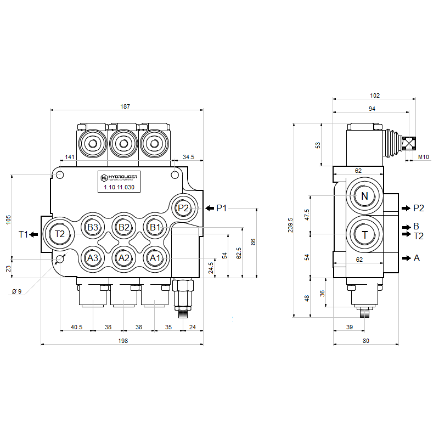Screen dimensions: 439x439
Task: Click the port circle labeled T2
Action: coord(60,234)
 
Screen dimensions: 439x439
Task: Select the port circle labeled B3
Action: coord(92,227)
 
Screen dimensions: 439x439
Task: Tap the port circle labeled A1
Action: coord(155,258)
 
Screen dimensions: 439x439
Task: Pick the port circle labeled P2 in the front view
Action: coord(183,208)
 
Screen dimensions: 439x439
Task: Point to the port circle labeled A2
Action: coord(124,258)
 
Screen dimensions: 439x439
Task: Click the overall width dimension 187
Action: coord(127,106)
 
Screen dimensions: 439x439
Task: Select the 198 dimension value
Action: coord(123,341)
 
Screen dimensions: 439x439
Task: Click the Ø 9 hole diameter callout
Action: coord(16,291)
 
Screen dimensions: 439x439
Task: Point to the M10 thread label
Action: coord(424,157)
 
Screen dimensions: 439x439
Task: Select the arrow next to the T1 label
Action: coord(34,235)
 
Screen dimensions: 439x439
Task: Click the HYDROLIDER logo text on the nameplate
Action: coord(119,177)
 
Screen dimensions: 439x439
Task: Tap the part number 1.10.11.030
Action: coord(119,188)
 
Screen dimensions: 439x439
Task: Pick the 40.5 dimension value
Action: coord(77,327)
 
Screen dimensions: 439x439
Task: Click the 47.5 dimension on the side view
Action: coord(307,215)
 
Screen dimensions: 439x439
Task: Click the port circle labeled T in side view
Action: coord(364,235)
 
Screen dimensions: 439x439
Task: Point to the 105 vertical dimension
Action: coord(8,219)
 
